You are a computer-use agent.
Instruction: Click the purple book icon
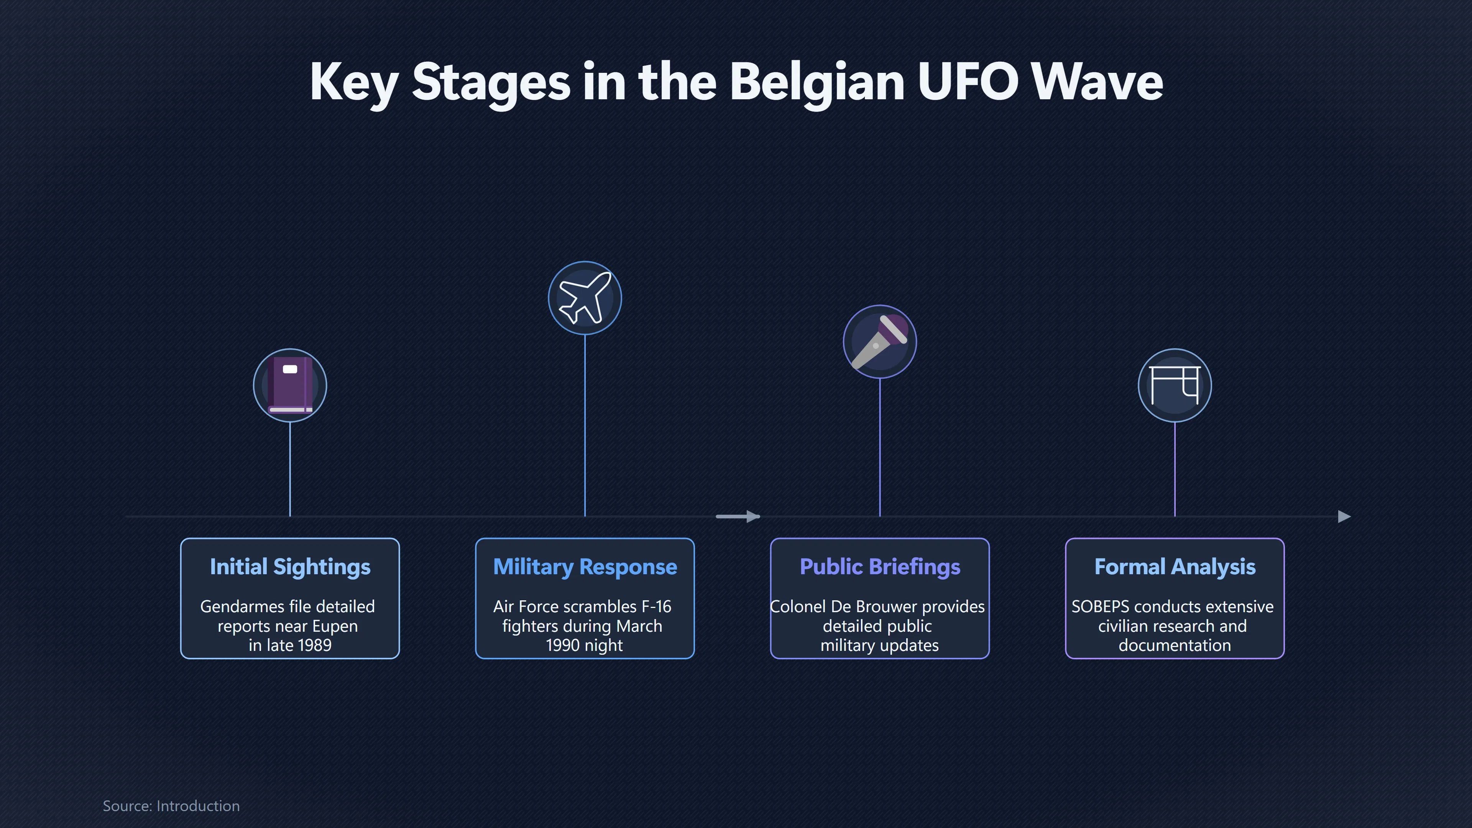coord(290,385)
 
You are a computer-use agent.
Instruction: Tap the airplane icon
coord(585,298)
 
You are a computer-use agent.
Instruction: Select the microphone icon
coord(879,342)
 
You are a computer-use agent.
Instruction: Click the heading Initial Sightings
coord(290,567)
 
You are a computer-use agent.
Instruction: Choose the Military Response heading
coord(585,567)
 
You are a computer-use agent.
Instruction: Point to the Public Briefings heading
coord(879,567)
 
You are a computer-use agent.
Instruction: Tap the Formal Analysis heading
coord(1174,567)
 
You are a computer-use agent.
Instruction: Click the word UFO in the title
coord(968,82)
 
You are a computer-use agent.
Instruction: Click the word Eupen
coord(335,626)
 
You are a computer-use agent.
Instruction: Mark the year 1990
coord(563,645)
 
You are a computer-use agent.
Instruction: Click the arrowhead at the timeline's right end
coord(1345,517)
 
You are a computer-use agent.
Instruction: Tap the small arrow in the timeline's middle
coord(738,517)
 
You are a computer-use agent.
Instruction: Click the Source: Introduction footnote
coord(171,806)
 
